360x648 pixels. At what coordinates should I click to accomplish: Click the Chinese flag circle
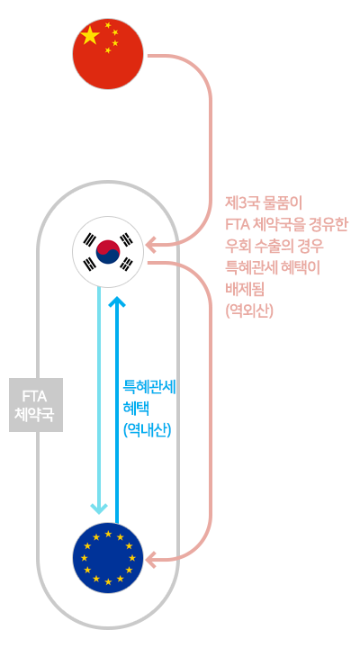click(x=108, y=54)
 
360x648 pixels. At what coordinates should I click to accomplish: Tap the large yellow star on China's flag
click(x=91, y=35)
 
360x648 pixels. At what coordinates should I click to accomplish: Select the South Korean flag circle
click(x=108, y=251)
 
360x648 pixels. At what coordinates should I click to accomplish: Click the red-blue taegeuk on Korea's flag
click(x=108, y=251)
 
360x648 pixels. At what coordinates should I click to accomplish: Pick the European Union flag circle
click(x=108, y=558)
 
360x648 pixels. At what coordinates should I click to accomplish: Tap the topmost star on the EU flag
click(x=108, y=534)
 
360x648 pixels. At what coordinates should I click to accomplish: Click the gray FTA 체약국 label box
click(x=36, y=405)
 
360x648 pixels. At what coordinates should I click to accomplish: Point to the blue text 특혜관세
click(x=149, y=387)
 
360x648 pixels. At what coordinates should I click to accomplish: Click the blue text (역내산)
click(x=147, y=430)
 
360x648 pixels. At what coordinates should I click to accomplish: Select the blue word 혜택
click(x=136, y=409)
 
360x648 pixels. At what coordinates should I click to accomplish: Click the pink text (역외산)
click(x=249, y=310)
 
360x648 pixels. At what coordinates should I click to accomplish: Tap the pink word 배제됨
click(x=245, y=289)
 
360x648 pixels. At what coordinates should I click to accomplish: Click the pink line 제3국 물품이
click(x=264, y=202)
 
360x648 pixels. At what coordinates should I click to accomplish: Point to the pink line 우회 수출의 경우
click(x=274, y=246)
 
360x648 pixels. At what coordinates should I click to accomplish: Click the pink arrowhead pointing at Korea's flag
click(x=150, y=244)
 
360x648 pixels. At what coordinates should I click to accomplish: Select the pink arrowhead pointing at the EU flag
click(x=150, y=560)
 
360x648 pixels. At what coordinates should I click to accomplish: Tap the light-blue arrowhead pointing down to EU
click(x=99, y=508)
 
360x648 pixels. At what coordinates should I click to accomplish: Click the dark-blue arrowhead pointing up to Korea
click(x=117, y=301)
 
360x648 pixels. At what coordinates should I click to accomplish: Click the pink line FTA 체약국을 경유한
click(x=286, y=224)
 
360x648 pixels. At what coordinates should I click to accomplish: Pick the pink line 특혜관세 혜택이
click(x=273, y=267)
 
